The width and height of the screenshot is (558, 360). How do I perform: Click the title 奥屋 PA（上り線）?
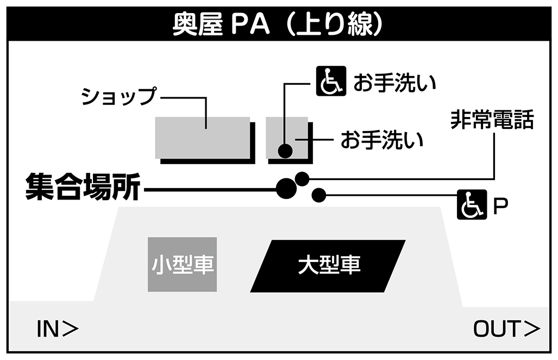[278, 25]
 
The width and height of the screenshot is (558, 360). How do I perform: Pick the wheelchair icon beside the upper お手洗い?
[331, 81]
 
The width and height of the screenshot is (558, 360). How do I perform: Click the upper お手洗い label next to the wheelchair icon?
[396, 83]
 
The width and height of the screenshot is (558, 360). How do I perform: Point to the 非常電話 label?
[492, 120]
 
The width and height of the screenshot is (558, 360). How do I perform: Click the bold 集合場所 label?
[83, 188]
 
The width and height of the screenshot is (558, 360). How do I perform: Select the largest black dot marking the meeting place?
[286, 188]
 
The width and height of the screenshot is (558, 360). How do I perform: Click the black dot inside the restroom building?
[285, 151]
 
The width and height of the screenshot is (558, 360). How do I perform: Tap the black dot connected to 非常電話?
[302, 178]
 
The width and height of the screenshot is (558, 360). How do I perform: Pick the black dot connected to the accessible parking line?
[318, 195]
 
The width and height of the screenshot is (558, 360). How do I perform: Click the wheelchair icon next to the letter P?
[471, 205]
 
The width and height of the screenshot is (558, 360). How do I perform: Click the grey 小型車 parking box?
[183, 265]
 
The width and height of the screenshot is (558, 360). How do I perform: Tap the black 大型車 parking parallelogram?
[328, 265]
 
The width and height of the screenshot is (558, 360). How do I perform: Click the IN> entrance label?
[57, 328]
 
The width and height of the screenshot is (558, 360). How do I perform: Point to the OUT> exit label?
[506, 328]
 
